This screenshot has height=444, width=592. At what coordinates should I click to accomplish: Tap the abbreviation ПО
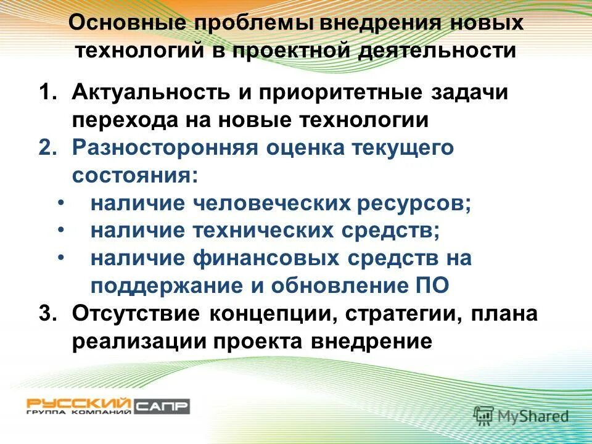coord(435,285)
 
